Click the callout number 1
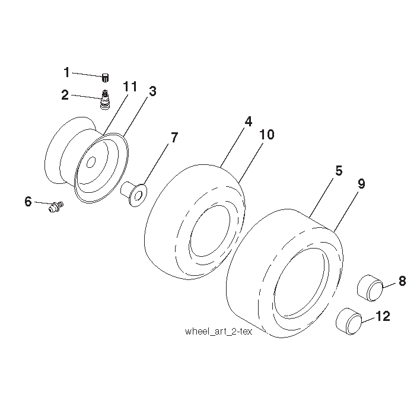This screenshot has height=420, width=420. pos(66,72)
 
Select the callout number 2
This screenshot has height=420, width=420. pos(65,95)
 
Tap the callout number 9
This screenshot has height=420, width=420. pos(361,184)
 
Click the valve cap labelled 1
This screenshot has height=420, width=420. pos(105,78)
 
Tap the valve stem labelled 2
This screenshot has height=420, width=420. pos(105,100)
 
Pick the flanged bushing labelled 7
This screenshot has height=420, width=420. pos(134,193)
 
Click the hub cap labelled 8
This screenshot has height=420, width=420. pos(370,288)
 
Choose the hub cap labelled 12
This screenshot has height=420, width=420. pos(349,321)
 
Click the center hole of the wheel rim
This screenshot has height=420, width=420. pos(91,163)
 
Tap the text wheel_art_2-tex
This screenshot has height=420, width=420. pos(218,332)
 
